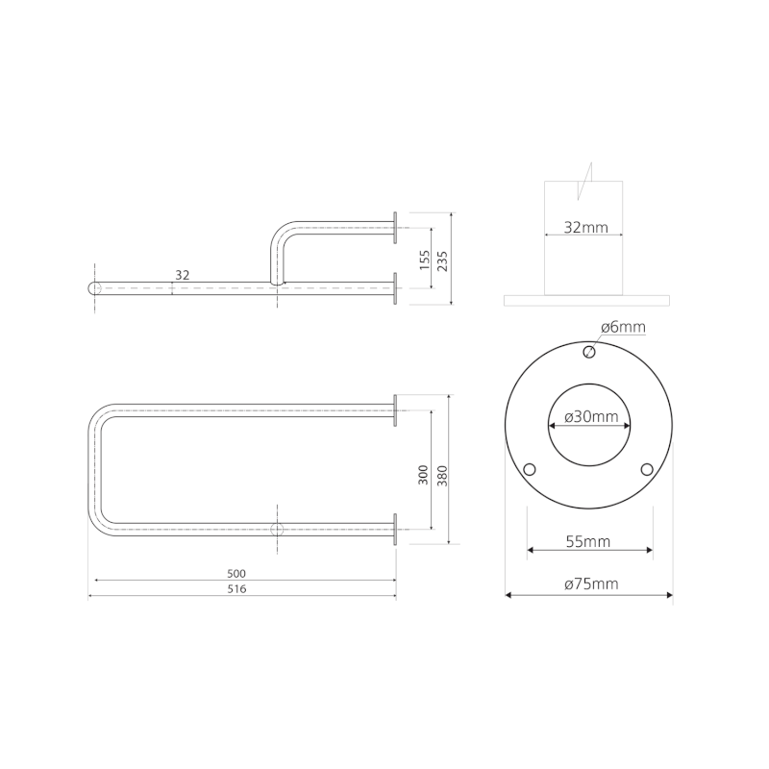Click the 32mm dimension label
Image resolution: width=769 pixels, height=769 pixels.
[585, 228]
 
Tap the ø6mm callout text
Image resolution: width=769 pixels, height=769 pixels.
[623, 327]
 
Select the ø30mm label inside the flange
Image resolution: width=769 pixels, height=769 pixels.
[591, 417]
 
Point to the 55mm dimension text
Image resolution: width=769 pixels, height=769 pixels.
[588, 541]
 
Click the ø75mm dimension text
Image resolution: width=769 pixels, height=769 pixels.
[591, 584]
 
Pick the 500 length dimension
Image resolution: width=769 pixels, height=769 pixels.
[236, 573]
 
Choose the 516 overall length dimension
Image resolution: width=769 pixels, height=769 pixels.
[236, 589]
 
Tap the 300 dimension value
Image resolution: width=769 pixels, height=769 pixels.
[423, 475]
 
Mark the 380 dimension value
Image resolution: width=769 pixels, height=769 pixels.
[442, 475]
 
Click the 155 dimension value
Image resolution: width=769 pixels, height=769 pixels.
[425, 260]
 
